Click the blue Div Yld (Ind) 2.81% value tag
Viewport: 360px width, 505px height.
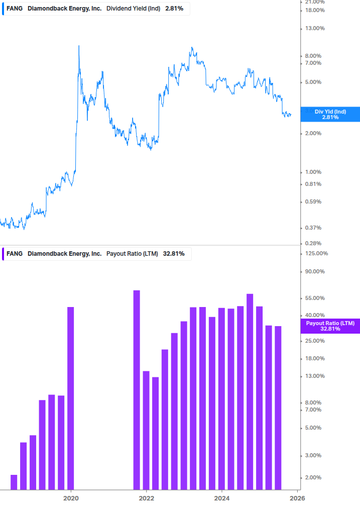pos(330,114)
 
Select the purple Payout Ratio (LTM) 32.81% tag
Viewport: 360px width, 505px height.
pos(330,326)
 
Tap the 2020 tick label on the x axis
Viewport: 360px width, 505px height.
pos(71,498)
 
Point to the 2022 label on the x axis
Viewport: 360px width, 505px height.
pos(146,498)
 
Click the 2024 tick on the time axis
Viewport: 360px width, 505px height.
pos(221,498)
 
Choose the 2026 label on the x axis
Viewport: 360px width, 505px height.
pos(297,498)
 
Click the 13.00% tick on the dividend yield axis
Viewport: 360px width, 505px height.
pos(315,28)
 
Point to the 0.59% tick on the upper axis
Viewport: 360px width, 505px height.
pos(314,201)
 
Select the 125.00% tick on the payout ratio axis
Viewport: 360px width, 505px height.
pos(316,253)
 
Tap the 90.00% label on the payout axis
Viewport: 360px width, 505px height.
pos(315,272)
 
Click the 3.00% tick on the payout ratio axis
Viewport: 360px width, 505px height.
pos(314,455)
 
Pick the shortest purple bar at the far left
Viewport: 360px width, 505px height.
pos(14,482)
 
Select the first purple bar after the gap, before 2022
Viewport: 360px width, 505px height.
pos(137,389)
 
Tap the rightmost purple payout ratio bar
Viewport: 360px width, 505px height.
pos(278,408)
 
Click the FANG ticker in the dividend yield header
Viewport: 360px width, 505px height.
pos(14,8)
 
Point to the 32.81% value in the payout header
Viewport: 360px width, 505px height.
pos(174,254)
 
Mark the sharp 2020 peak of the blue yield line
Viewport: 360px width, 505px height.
pos(79,46)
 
